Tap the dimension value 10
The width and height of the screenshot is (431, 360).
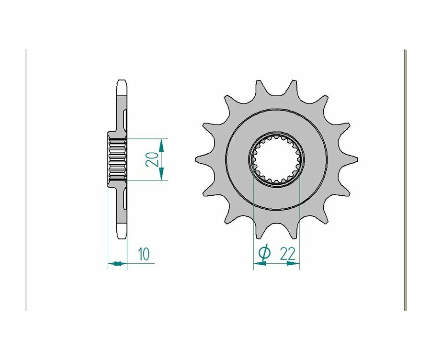tap(144, 254)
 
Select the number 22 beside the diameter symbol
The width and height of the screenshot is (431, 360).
tap(288, 254)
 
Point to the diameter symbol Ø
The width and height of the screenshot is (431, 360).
tap(264, 253)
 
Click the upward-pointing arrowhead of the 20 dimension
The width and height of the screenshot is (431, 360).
tap(162, 145)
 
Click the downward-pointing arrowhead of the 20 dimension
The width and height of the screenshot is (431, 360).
tap(162, 174)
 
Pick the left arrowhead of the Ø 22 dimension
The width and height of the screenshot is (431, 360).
tap(260, 264)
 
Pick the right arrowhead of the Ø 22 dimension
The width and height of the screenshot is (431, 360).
tap(293, 264)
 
